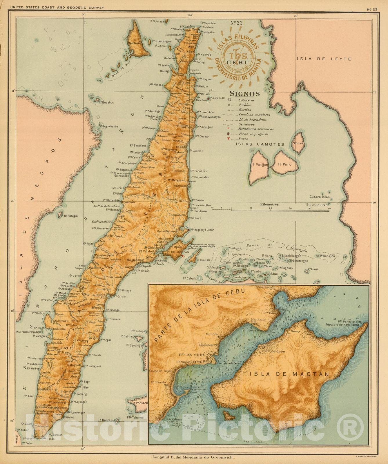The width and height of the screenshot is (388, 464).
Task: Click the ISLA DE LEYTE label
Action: (x=324, y=59)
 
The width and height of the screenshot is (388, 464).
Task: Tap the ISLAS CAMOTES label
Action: (x=260, y=144)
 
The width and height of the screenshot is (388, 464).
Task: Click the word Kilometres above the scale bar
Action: (x=269, y=204)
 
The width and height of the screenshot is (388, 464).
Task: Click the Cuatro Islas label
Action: (x=320, y=197)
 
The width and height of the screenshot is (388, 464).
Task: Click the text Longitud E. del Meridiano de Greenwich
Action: (x=193, y=458)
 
